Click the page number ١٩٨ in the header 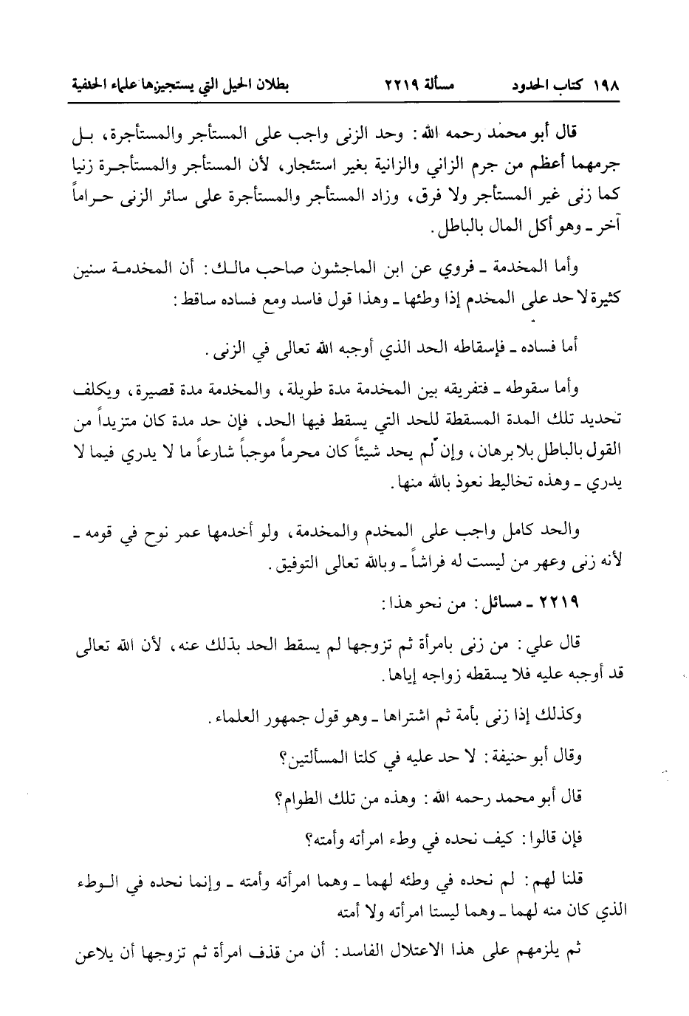(x=604, y=85)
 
